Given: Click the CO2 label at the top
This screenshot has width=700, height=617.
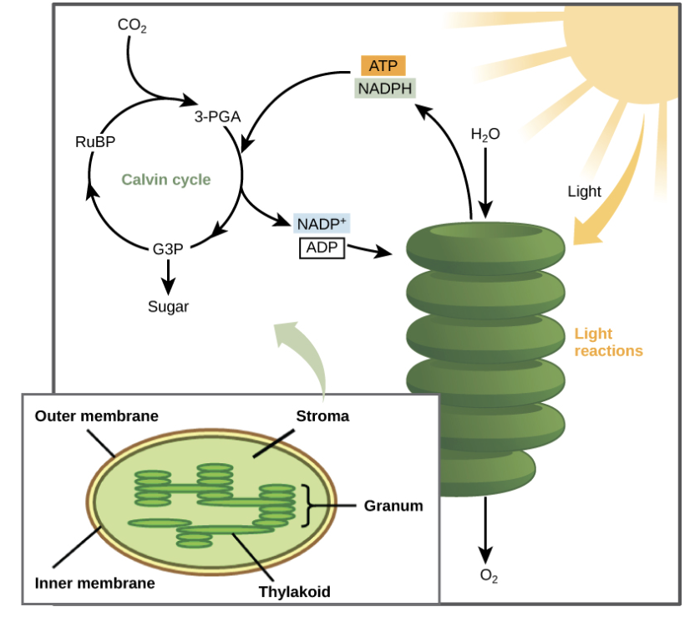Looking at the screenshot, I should point(132,25).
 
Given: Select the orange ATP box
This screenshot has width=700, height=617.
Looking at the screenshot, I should point(383,66).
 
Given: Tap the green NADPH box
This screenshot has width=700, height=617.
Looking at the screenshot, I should point(384,88).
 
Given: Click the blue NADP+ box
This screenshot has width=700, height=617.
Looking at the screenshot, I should point(322,224).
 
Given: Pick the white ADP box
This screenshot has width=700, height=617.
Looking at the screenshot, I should point(322,247).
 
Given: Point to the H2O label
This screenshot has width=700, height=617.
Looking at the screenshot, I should point(485,134).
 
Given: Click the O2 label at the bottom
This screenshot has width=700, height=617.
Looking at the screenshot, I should point(489,576).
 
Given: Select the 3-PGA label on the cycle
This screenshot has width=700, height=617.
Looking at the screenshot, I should point(217,117).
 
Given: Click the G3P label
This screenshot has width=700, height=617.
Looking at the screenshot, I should point(168,248).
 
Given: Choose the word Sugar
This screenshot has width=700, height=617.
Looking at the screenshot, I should point(168,307).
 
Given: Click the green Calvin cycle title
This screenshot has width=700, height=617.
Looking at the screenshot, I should point(166,180).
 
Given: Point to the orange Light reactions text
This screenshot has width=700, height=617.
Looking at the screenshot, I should point(608,343).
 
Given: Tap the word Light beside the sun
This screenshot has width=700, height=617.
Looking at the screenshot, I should point(584,191).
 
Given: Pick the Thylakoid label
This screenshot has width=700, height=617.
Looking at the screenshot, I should point(294,592).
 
